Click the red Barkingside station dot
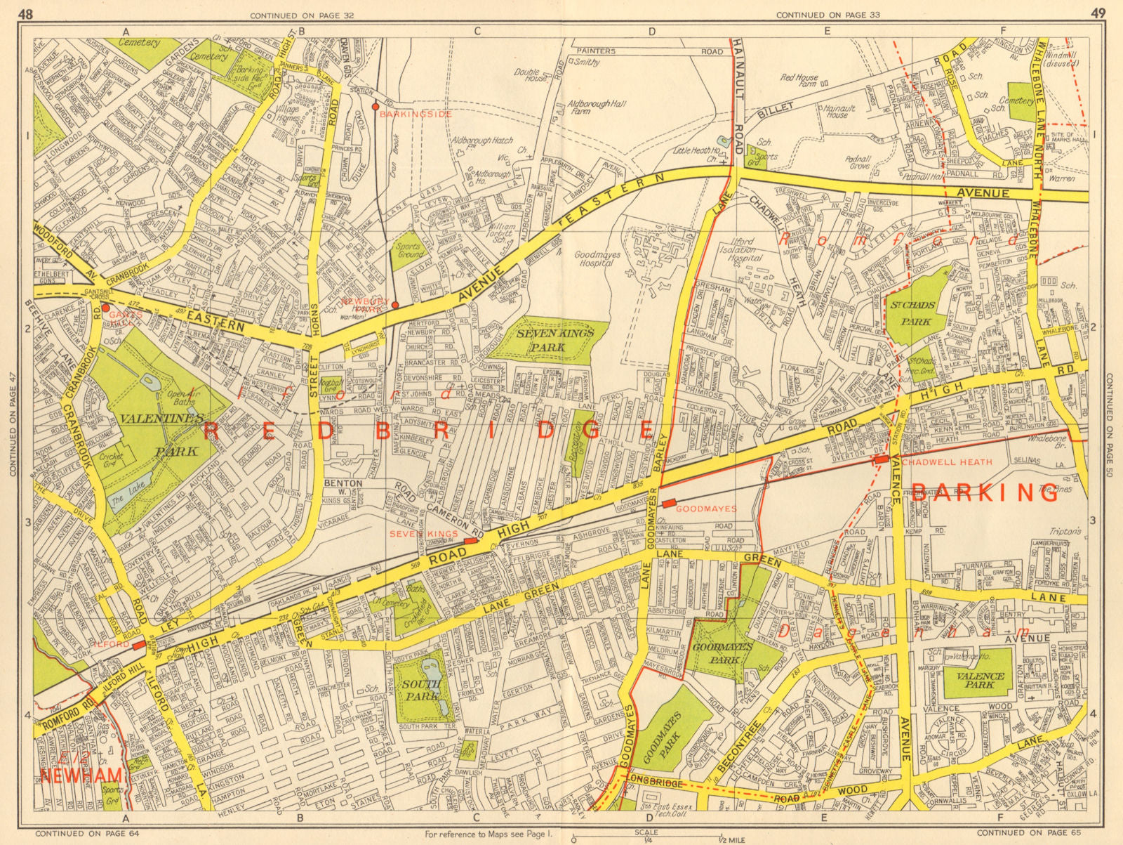(x=376, y=107)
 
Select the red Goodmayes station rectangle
(x=669, y=503)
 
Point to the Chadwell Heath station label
(x=947, y=461)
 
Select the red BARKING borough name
(x=985, y=493)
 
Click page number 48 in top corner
(x=26, y=13)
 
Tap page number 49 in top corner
(x=1098, y=13)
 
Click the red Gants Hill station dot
(x=105, y=307)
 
